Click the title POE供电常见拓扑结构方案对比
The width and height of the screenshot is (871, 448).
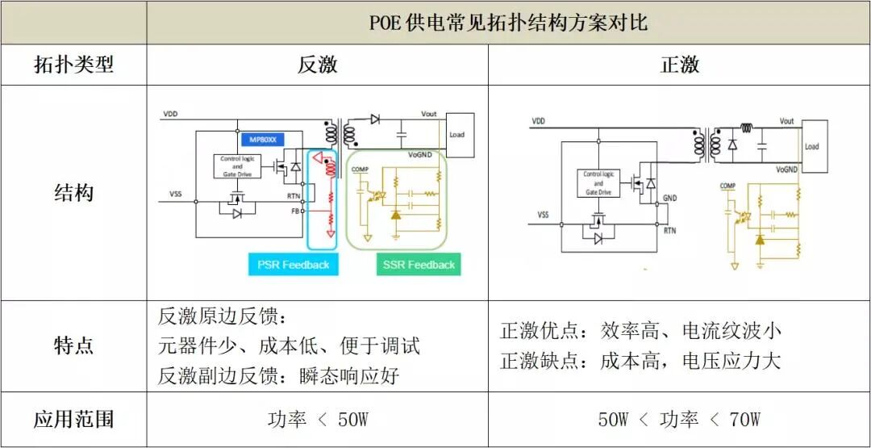point(508,22)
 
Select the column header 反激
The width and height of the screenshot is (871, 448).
point(317,65)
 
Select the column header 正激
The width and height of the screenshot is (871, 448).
point(679,65)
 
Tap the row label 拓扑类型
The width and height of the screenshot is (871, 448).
point(73,65)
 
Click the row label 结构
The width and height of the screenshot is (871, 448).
point(73,193)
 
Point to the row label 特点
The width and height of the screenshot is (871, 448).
point(73,345)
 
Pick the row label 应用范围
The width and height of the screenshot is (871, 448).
point(73,419)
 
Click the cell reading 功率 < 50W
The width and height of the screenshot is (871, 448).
point(317,420)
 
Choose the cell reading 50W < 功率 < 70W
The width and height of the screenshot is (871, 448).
point(679,420)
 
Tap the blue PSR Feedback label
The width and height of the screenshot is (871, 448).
point(293,265)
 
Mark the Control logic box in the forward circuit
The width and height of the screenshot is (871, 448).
point(598,183)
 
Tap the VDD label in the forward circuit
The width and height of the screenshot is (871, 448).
point(539,120)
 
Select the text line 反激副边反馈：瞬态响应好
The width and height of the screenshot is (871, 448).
point(278,375)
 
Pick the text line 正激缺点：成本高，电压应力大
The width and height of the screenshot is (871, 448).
point(640,360)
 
